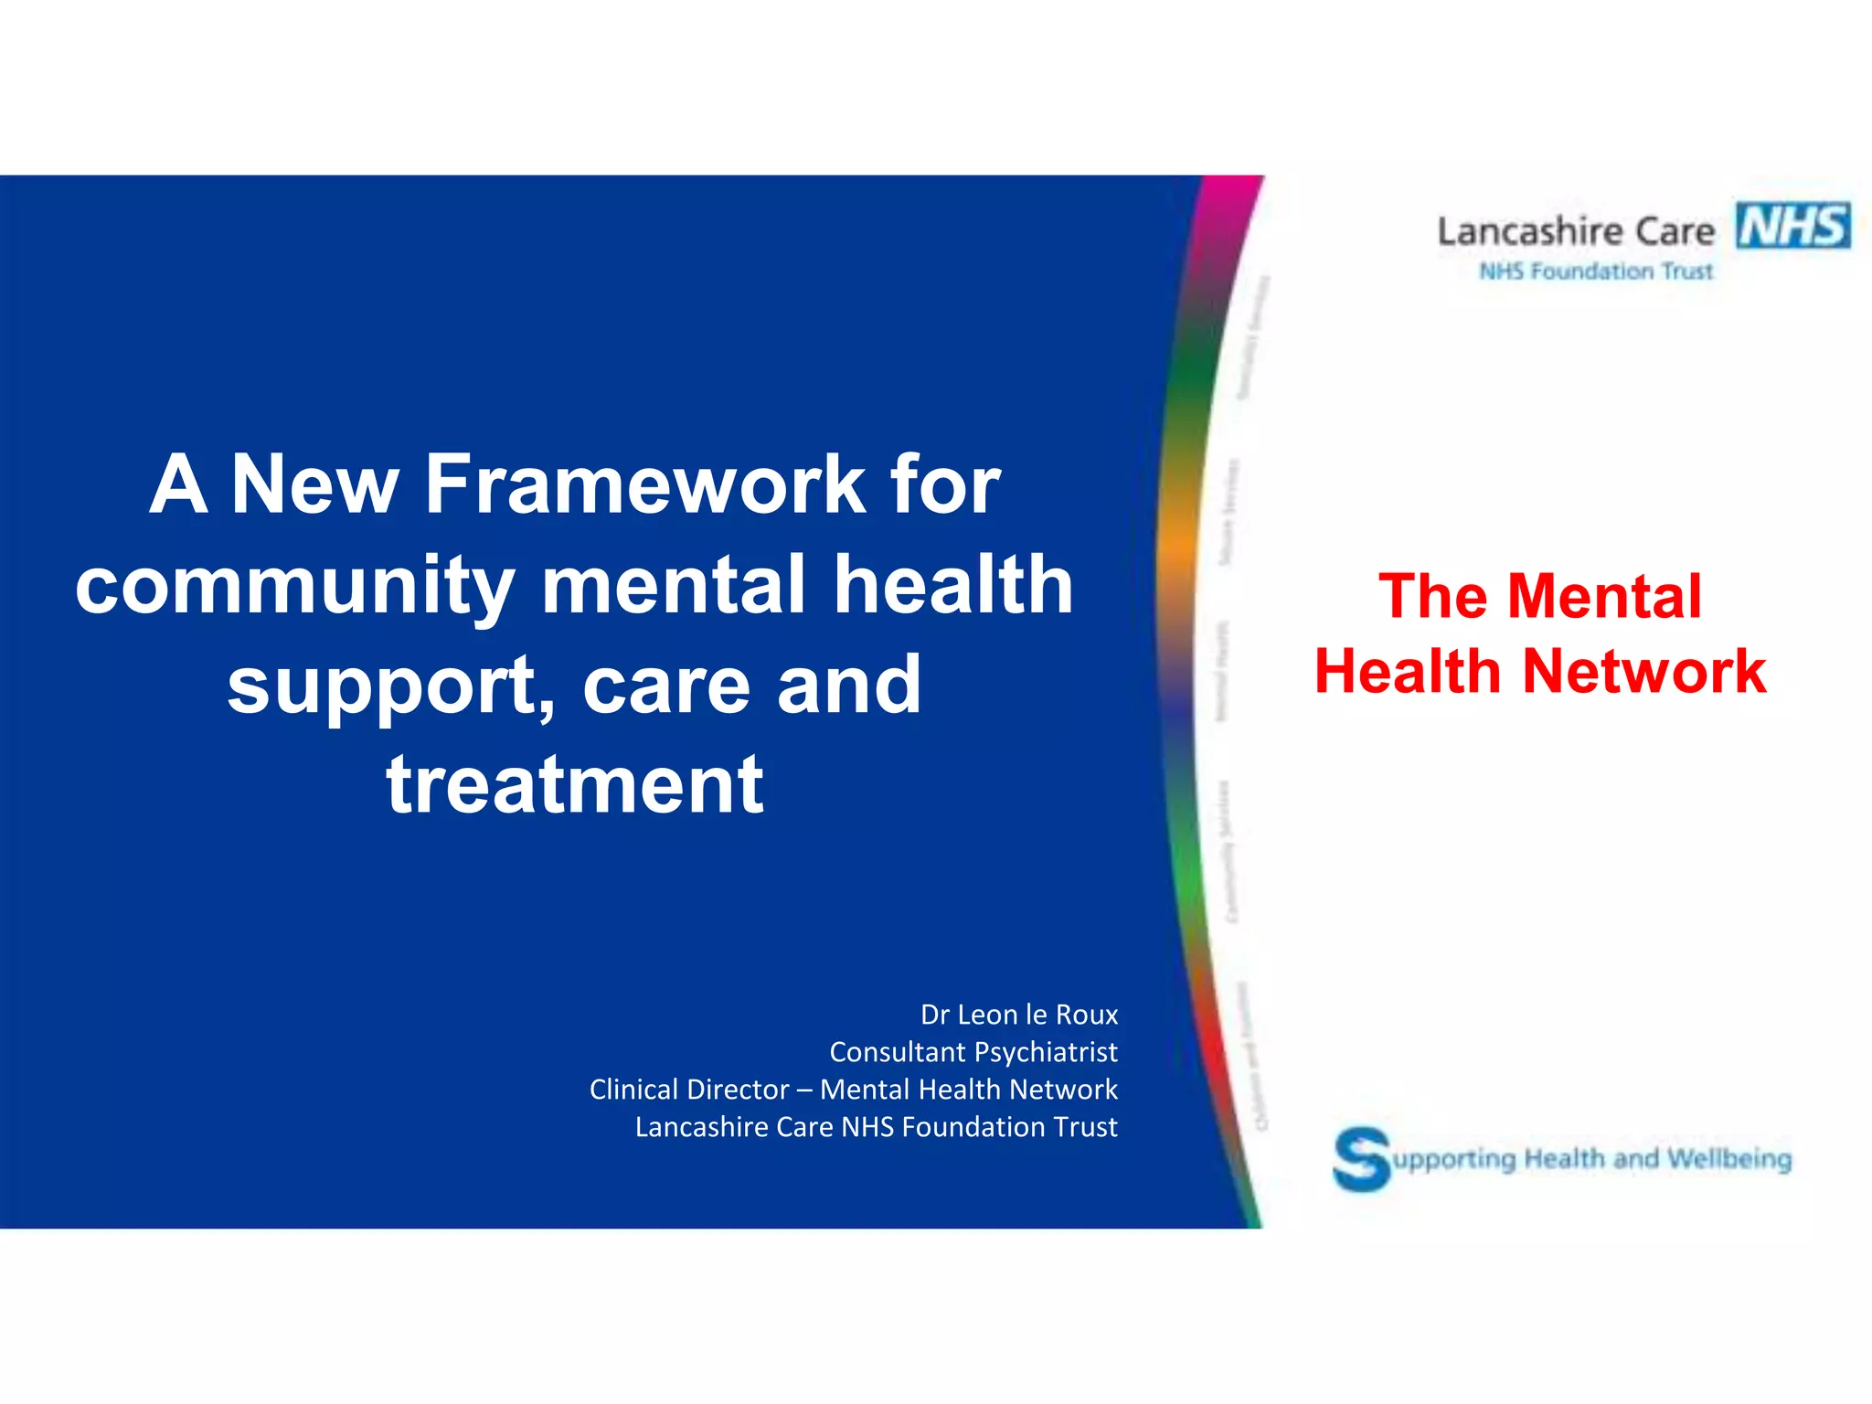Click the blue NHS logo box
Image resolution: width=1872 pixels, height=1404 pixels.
point(1793,226)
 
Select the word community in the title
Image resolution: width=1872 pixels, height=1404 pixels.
point(294,587)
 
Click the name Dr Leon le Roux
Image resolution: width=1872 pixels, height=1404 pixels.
point(1018,1015)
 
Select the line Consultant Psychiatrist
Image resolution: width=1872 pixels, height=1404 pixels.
point(973,1052)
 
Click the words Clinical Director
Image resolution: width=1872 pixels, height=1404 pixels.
point(689,1090)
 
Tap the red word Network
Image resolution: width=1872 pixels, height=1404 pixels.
point(1644,672)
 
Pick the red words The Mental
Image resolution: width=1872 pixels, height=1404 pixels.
point(1540,597)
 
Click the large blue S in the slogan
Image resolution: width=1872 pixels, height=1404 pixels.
point(1360,1158)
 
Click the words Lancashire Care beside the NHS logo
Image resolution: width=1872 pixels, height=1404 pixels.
point(1576,232)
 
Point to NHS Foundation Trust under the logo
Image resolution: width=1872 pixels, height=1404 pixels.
point(1596,271)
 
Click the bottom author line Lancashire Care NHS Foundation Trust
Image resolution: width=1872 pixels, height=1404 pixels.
point(876,1127)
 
